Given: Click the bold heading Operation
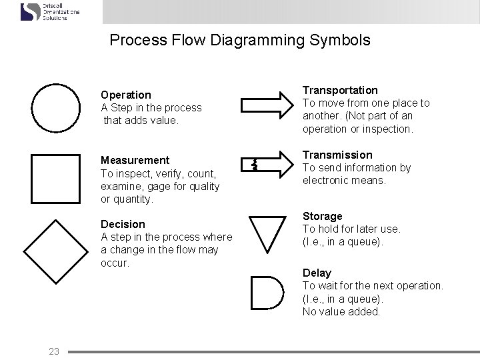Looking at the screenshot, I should pyautogui.click(x=125, y=95).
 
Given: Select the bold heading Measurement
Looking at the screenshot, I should pyautogui.click(x=135, y=160).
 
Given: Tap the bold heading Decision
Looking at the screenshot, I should pyautogui.click(x=123, y=224).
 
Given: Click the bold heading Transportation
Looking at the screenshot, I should pyautogui.click(x=340, y=90).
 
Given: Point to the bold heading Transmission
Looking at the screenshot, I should pyautogui.click(x=337, y=155).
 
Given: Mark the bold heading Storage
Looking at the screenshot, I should pyautogui.click(x=322, y=216).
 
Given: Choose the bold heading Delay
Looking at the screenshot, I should pyautogui.click(x=317, y=273).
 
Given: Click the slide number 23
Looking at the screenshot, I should pyautogui.click(x=54, y=351).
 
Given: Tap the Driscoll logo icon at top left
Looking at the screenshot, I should pyautogui.click(x=30, y=12).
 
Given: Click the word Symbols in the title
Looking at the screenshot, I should pyautogui.click(x=340, y=40).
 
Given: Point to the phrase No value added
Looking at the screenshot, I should pyautogui.click(x=341, y=311).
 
